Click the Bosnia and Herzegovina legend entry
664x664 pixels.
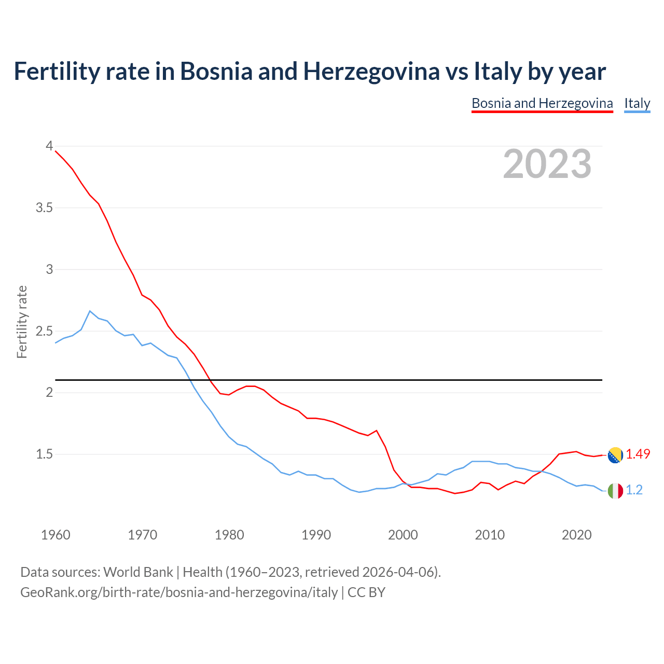(542, 103)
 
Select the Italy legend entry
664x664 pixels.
(637, 103)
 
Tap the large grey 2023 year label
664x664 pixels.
(547, 164)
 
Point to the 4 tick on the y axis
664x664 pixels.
(49, 146)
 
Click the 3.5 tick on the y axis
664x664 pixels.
(44, 208)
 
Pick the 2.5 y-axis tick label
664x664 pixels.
(44, 331)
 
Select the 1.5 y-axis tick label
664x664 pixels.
(44, 454)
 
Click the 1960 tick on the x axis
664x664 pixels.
(56, 535)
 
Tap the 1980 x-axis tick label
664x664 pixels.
(229, 535)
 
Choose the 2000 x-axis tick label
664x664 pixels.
(403, 535)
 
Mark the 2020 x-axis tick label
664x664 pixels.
(576, 535)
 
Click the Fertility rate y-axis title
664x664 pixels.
(22, 322)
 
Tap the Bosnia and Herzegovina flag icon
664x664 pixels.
(615, 455)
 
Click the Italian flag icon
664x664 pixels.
(615, 491)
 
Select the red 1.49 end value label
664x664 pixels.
(638, 454)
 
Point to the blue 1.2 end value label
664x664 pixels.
(634, 490)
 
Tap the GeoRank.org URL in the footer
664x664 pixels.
(179, 592)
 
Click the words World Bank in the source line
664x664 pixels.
(138, 572)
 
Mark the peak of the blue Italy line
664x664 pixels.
(90, 311)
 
